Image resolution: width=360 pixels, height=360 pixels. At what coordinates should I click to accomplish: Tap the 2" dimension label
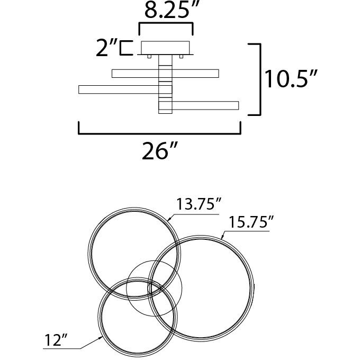point(106,48)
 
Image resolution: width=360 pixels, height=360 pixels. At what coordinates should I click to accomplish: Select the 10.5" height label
point(291,79)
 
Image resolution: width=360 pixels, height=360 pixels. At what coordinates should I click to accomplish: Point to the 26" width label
point(160,150)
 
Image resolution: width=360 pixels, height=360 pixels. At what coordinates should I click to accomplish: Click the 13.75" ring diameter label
point(199,204)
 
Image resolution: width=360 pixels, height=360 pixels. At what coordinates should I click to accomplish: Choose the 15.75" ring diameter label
point(251,222)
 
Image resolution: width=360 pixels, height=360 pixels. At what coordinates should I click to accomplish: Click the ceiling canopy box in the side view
point(165,48)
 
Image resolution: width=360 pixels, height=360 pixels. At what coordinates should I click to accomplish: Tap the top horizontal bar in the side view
point(165,74)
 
